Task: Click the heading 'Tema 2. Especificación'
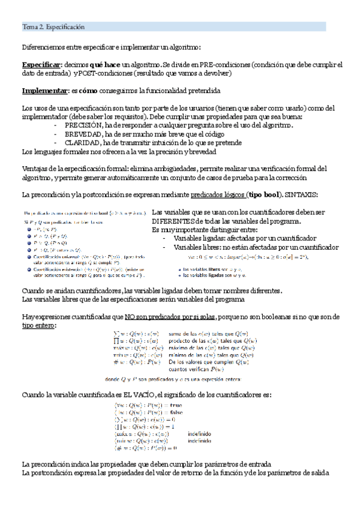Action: click(53, 27)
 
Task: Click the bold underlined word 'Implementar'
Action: click(41, 91)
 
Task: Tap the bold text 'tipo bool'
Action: click(263, 195)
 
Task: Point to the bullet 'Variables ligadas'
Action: click(199, 238)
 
